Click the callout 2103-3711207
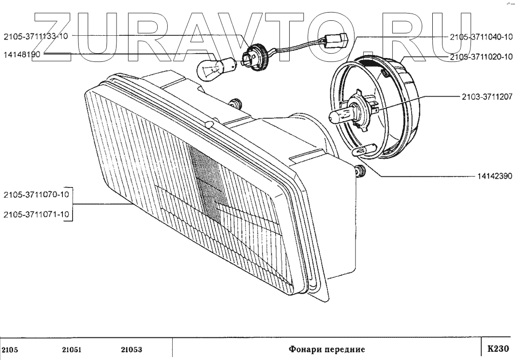tap(484, 97)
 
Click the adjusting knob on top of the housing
tap(236, 103)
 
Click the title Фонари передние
tap(326, 349)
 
